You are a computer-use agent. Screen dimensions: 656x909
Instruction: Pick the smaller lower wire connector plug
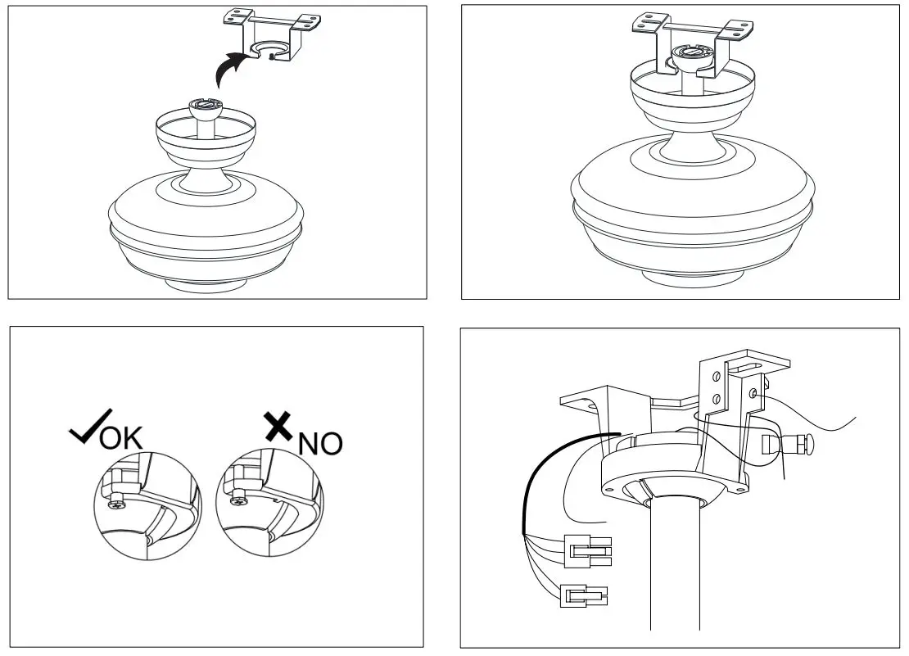pyautogui.click(x=584, y=595)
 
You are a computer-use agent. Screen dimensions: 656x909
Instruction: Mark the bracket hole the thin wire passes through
pyautogui.click(x=753, y=394)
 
